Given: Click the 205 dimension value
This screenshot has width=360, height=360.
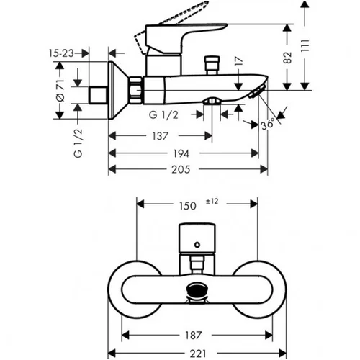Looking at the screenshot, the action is tap(181, 169).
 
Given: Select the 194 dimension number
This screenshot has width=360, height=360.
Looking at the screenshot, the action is tap(181, 153).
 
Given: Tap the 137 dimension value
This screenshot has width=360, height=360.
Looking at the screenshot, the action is tap(160, 136).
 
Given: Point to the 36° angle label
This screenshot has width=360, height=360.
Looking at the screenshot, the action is tap(268, 124).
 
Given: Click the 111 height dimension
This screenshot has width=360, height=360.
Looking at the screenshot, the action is tap(305, 45).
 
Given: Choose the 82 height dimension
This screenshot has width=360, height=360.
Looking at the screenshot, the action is tap(287, 58).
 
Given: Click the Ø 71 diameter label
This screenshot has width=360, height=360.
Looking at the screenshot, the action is tap(60, 91).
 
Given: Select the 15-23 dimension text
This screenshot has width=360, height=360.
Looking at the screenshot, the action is tap(61, 53).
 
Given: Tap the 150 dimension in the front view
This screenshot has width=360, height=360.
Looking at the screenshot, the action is tap(188, 206).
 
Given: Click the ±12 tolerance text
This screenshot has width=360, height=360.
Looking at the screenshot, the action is tap(212, 201).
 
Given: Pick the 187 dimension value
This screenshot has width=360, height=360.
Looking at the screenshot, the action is tap(193, 336).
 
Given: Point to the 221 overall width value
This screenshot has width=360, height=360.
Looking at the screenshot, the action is tap(198, 354).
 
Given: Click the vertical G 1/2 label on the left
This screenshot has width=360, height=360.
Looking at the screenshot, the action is tap(78, 143).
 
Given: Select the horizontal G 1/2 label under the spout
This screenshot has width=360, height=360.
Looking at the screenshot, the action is tap(163, 115).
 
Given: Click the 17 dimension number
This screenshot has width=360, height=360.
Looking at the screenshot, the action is tap(238, 61).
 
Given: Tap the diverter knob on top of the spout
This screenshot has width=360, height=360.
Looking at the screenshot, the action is tap(212, 66).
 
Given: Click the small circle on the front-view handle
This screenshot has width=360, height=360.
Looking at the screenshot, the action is tap(197, 245).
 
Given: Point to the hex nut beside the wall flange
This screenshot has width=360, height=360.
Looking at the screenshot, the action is tap(136, 90).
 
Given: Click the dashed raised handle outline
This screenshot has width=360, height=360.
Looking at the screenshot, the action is tap(167, 26).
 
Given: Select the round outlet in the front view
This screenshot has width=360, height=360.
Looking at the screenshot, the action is tap(197, 289).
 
